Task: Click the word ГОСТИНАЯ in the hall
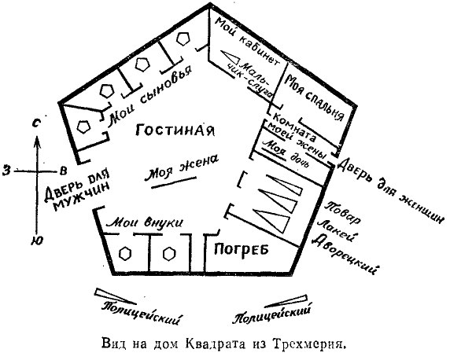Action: (x=175, y=130)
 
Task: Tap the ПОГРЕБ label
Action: (x=242, y=248)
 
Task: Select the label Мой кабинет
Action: (x=247, y=41)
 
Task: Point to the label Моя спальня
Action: (x=315, y=98)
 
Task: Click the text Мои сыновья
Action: (x=149, y=94)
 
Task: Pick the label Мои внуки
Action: (x=144, y=222)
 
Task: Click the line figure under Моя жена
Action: (x=174, y=182)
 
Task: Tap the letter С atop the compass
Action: (x=36, y=123)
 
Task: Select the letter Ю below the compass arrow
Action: (x=37, y=241)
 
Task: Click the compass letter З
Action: (x=6, y=171)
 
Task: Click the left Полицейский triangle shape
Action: (x=115, y=296)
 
